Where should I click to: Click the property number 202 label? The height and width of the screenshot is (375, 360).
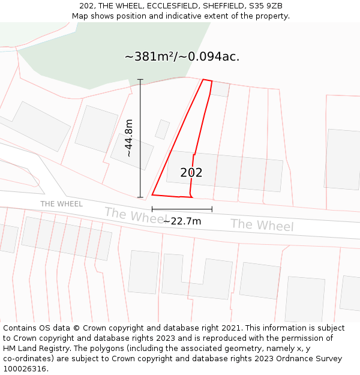point(191,173)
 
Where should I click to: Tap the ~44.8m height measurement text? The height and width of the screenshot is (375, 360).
point(128,138)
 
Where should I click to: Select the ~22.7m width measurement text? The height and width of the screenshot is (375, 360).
point(182,221)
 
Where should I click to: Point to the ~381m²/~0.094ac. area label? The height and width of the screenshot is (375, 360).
point(182,57)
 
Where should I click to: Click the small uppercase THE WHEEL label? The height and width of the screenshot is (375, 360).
point(61,204)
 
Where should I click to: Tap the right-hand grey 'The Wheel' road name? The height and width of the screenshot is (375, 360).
point(262,225)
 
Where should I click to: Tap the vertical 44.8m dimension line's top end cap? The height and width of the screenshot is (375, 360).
point(140,79)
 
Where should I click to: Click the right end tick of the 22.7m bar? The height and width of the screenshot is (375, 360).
point(212,209)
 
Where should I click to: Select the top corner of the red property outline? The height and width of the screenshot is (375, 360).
point(203,79)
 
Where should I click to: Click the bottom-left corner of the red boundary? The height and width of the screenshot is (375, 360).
point(152,194)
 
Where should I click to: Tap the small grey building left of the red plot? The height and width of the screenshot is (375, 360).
point(162,130)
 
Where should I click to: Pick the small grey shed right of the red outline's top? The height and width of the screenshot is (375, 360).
point(220,89)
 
